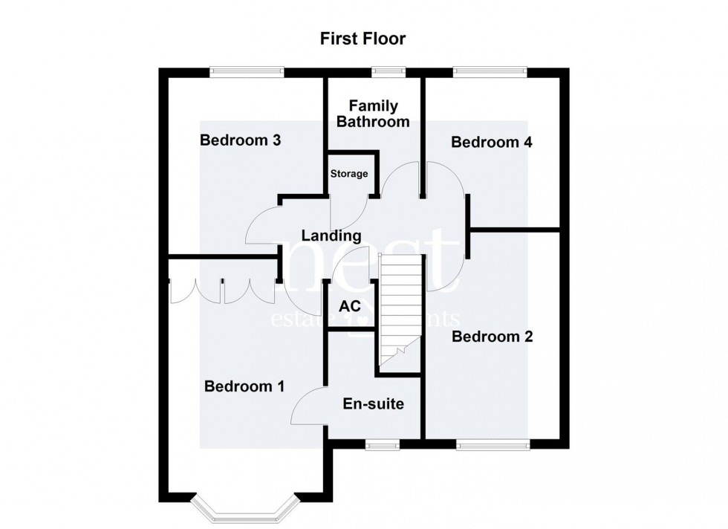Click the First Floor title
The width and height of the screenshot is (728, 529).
pos(363,38)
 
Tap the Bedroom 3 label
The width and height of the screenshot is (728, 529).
pos(239,140)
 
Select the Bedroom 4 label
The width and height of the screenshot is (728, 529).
pos(492,142)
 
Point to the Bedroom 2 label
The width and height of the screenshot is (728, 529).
pos(492,337)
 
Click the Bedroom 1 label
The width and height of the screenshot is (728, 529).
pos(244,386)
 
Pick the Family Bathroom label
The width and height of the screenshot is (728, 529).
pos(374,114)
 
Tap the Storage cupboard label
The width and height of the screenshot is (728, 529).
pos(349,174)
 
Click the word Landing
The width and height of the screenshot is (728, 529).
pos(331,236)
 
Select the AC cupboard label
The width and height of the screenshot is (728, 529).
pos(349,307)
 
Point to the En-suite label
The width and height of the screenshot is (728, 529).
pos(374,404)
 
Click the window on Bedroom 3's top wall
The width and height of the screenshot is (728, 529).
pos(247,72)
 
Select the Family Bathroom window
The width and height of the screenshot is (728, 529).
pos(389,72)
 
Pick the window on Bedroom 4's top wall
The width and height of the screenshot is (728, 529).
pos(491,72)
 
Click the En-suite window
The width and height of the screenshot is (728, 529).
pos(383,445)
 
